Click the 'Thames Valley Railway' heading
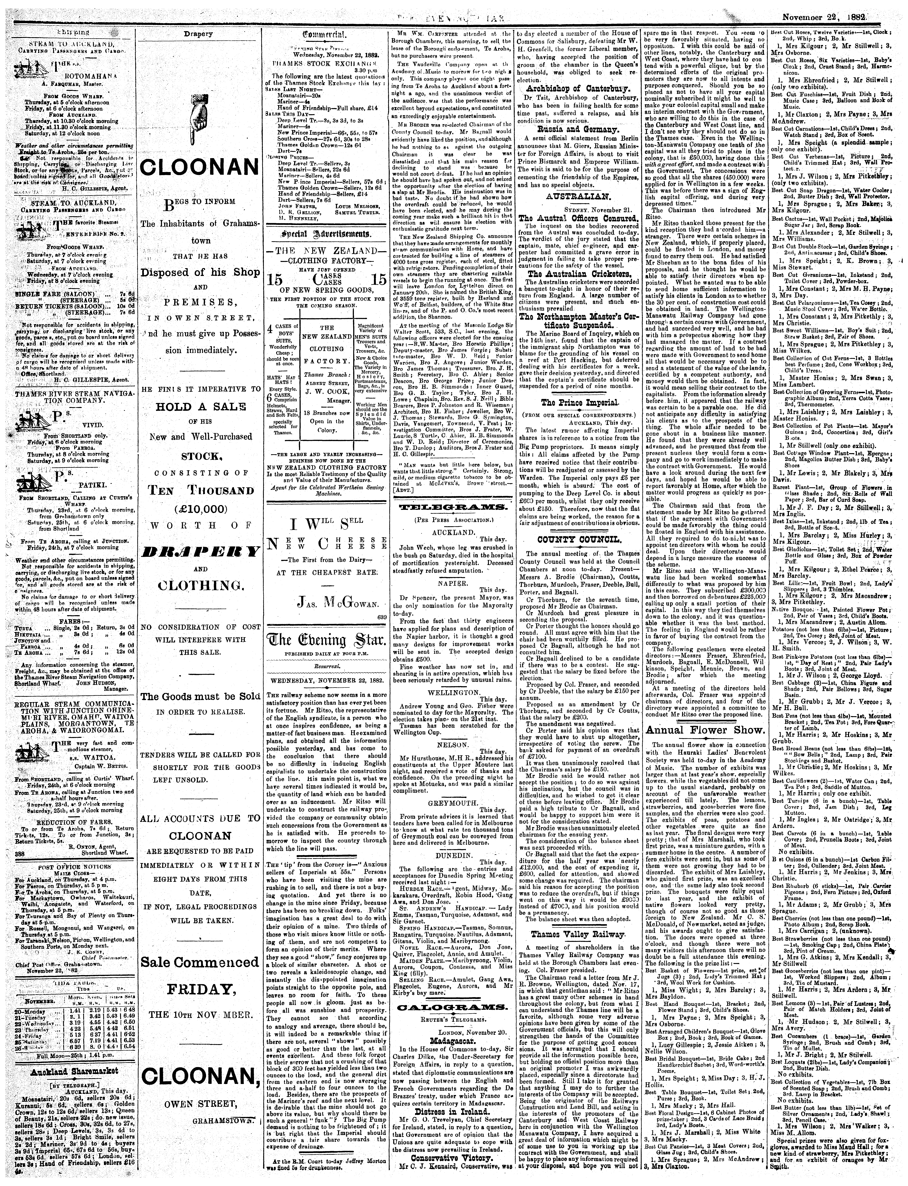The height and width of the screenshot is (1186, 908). point(579,919)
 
